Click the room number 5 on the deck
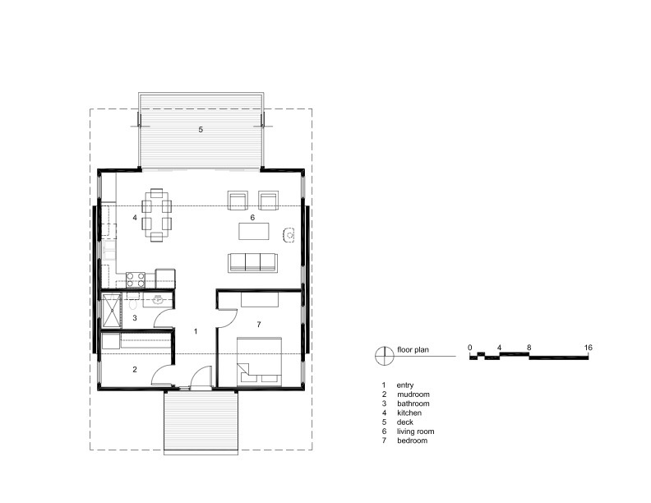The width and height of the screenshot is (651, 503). click(201, 130)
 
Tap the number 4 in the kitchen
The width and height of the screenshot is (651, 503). click(135, 217)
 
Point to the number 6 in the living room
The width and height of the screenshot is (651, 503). click(252, 218)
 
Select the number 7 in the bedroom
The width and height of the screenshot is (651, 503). click(259, 324)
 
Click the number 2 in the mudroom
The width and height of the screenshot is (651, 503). click(135, 369)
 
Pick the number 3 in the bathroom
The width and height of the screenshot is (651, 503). click(135, 318)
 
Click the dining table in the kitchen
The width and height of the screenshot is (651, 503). click(156, 215)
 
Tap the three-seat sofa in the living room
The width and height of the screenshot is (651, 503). click(252, 263)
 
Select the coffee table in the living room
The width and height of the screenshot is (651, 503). click(254, 231)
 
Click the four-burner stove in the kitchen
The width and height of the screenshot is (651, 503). click(136, 279)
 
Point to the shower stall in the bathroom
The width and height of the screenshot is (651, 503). click(111, 310)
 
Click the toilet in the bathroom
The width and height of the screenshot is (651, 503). click(132, 305)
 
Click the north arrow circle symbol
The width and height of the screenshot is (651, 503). click(385, 356)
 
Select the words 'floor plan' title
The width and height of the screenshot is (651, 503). click(413, 350)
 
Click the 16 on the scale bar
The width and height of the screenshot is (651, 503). click(588, 348)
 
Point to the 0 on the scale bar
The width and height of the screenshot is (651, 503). click(469, 348)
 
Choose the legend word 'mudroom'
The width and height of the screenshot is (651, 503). click(413, 395)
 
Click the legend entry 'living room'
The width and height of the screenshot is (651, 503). click(415, 431)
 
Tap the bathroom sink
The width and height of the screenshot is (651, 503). click(158, 300)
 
